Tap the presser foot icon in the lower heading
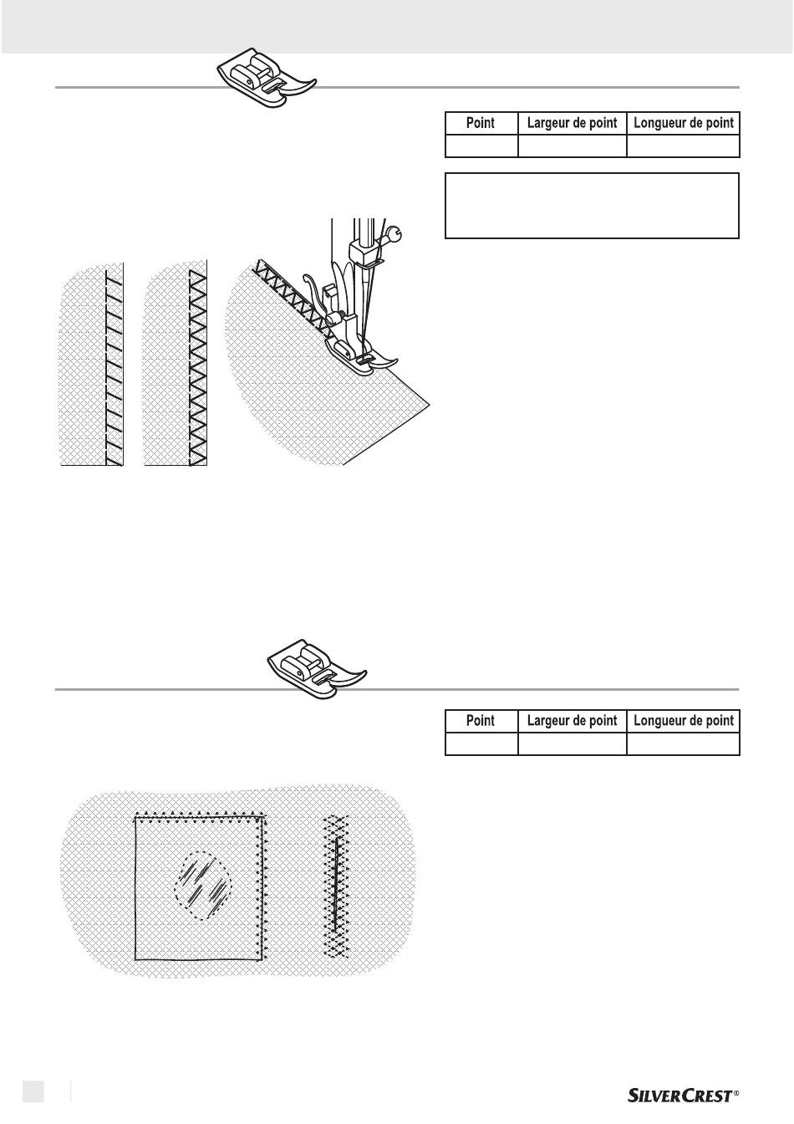[317, 670]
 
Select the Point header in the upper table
[481, 123]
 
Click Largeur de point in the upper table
[572, 123]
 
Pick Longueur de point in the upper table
[684, 123]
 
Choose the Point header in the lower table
[481, 721]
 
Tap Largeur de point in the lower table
[572, 721]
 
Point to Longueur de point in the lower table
[684, 721]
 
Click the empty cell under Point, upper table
[481, 146]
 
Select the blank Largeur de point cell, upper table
[573, 146]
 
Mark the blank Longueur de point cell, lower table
[683, 743]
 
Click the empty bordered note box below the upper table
[592, 206]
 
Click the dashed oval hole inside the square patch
[203, 886]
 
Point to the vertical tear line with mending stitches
[335, 884]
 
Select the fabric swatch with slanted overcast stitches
[91, 364]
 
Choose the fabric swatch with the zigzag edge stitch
[176, 364]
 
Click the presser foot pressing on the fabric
[360, 355]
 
